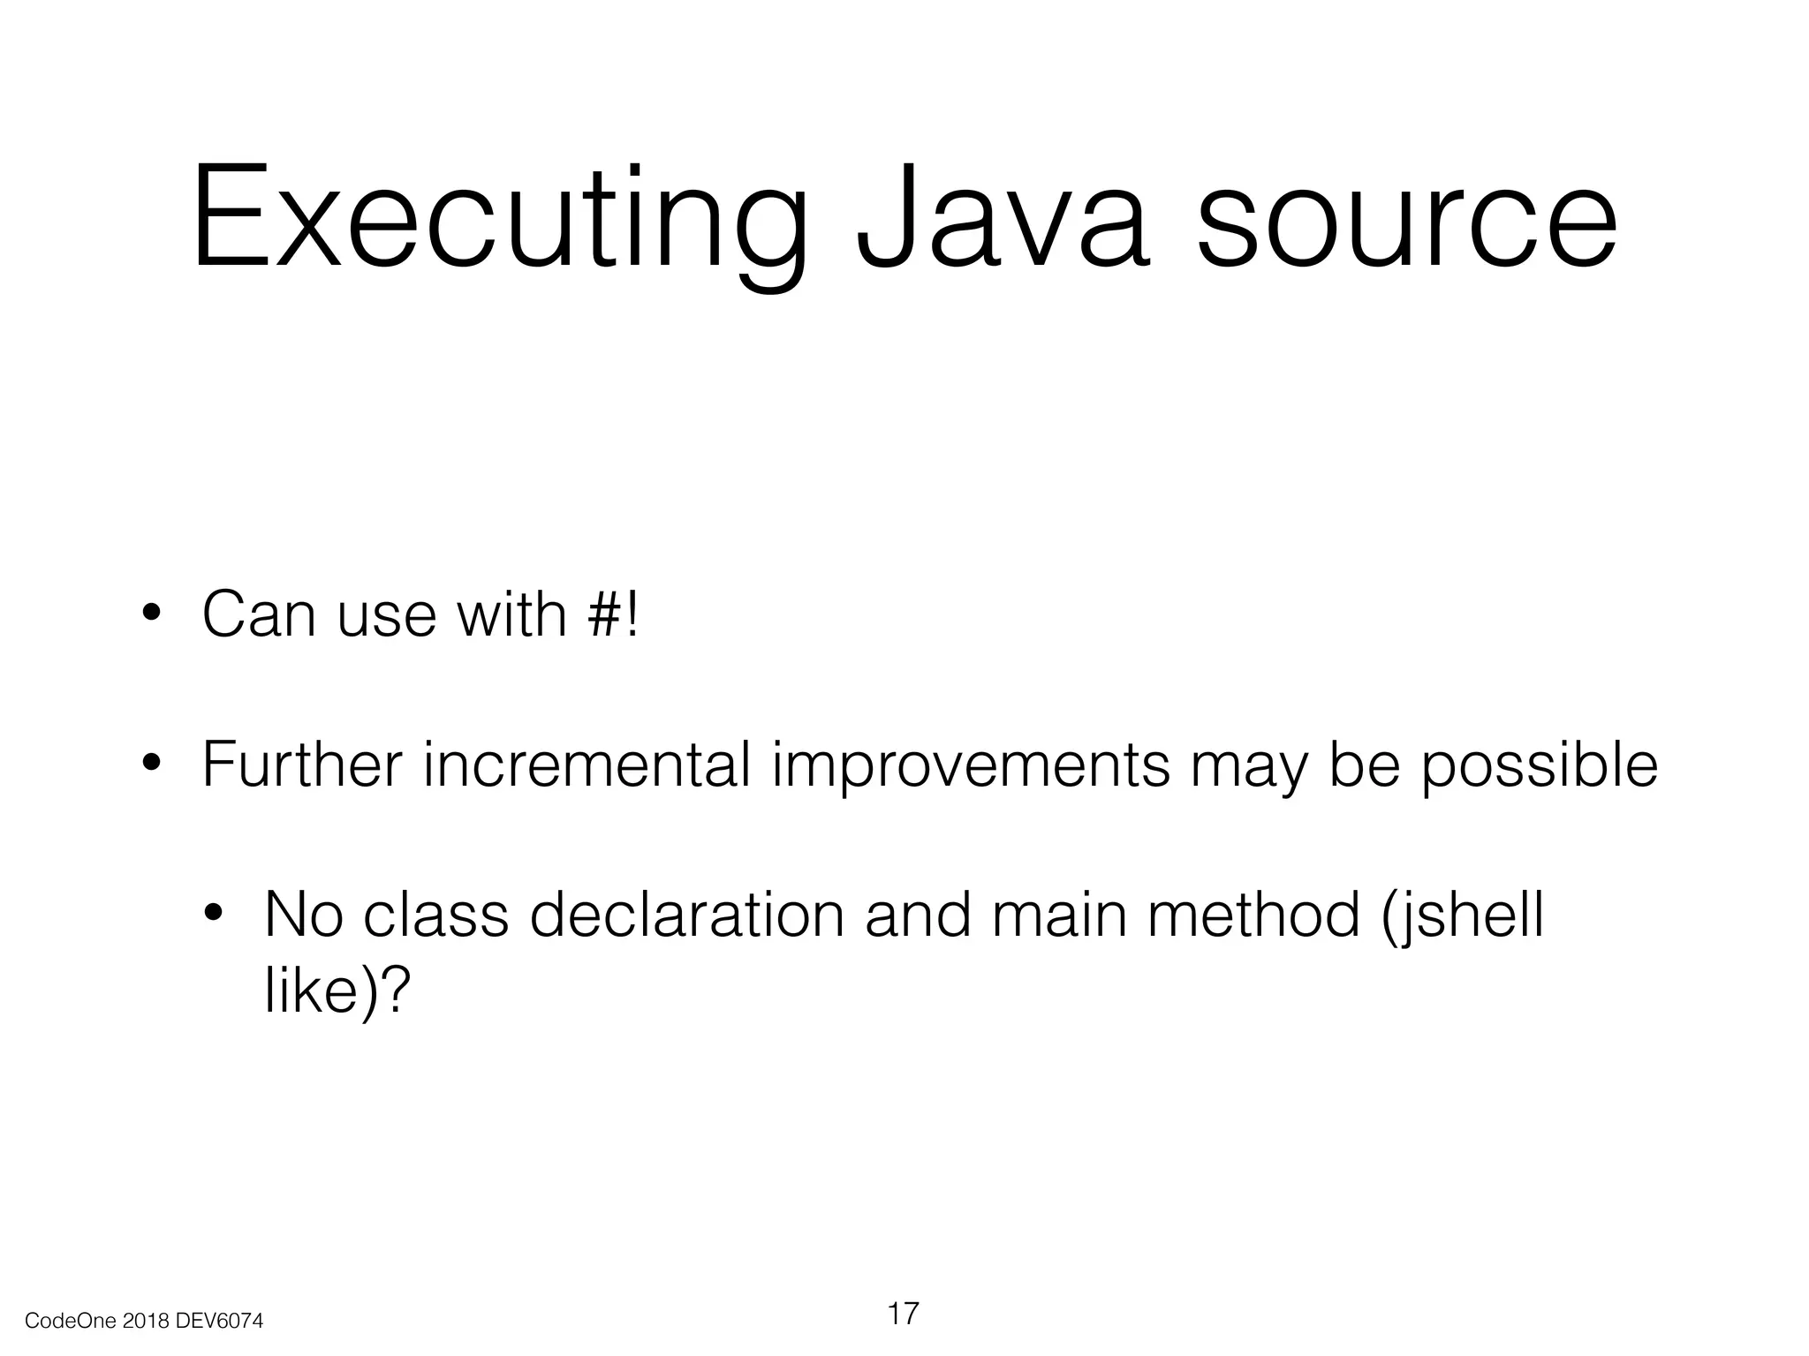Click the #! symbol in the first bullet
pyautogui.click(x=611, y=614)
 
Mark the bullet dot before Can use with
pyautogui.click(x=152, y=614)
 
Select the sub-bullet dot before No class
pyautogui.click(x=214, y=915)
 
